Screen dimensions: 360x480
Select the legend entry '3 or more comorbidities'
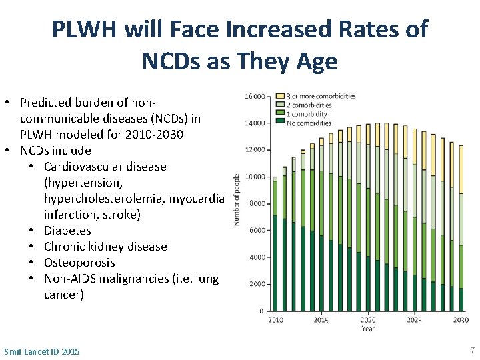coord(320,96)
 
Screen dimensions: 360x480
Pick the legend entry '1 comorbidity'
coord(309,113)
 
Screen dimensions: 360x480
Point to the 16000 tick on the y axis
coord(254,96)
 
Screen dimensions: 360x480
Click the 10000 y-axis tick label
coord(254,177)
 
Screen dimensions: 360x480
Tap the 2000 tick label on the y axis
coord(255,284)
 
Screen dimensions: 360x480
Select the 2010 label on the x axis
coord(275,320)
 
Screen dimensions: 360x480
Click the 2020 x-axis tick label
coord(367,320)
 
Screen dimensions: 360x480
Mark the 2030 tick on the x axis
coord(461,320)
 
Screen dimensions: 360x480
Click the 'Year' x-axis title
coord(367,328)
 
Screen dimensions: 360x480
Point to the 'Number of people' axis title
coord(237,200)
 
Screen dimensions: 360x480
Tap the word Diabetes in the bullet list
coord(67,231)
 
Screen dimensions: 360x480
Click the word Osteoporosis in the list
coord(79,263)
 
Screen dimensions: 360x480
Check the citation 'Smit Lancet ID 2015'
coord(41,351)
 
